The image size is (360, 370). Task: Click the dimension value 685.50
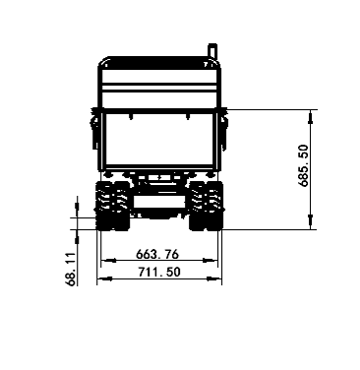(304, 165)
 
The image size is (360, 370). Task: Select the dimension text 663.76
(157, 254)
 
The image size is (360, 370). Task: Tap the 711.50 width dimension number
(159, 272)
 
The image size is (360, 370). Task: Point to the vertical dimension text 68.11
(71, 269)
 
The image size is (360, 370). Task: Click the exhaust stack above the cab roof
(212, 51)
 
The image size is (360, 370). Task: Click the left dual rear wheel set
(112, 206)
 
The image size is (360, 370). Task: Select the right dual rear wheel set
(207, 206)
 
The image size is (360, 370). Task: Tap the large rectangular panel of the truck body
(159, 139)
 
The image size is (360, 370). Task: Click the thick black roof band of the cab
(159, 60)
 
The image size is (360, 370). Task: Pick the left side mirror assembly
(94, 128)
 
